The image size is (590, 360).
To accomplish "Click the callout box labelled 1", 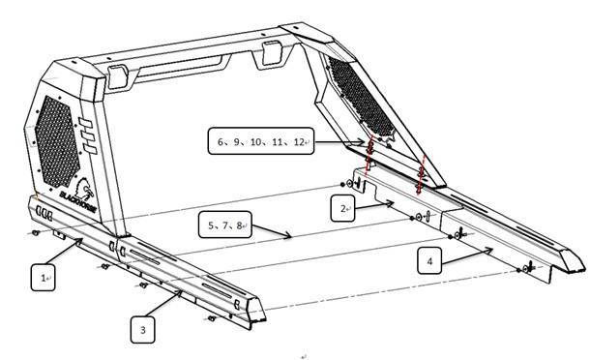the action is tap(44, 279).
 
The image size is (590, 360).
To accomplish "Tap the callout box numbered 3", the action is tap(143, 330).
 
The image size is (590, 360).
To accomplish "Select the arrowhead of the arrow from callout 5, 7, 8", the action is tap(290, 235).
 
